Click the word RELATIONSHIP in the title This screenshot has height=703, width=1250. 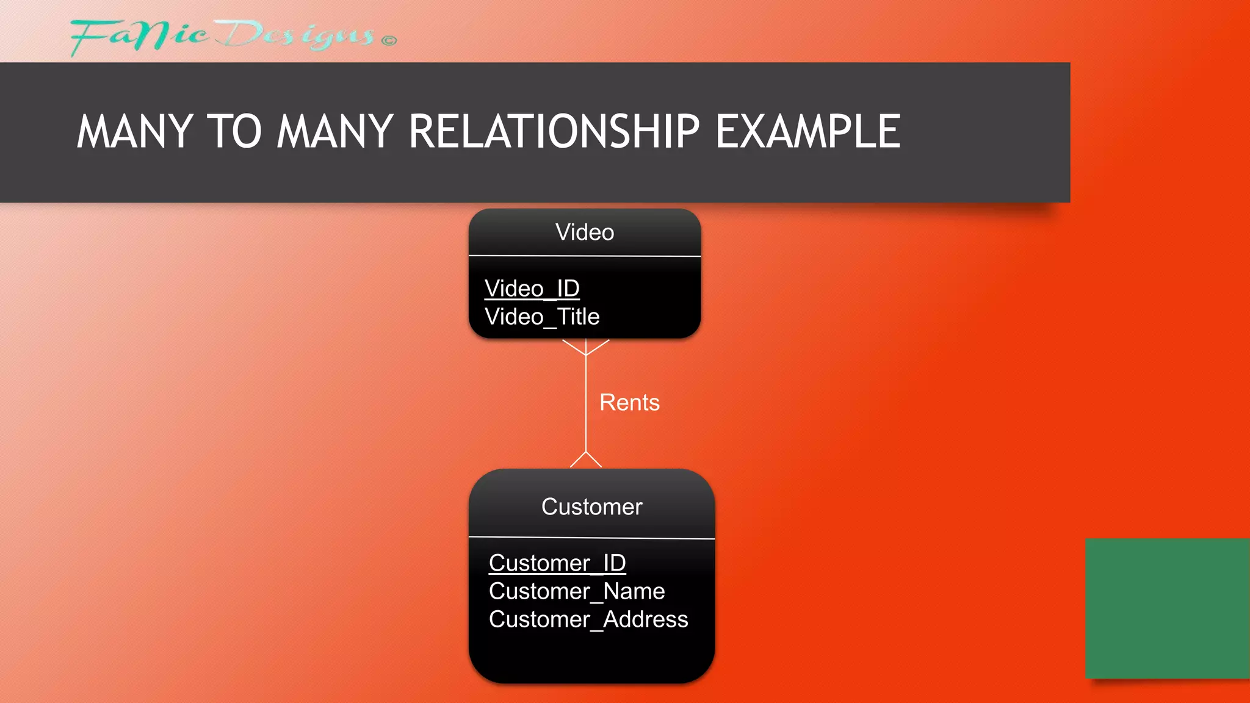tap(554, 131)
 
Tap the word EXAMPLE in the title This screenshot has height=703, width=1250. tap(807, 131)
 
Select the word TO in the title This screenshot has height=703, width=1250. tap(235, 131)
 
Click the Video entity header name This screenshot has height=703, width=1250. tap(585, 233)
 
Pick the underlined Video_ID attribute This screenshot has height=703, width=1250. tap(532, 288)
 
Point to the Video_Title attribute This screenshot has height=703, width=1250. tap(542, 317)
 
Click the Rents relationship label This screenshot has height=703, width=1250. tap(629, 403)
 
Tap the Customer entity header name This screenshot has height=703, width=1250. tap(591, 507)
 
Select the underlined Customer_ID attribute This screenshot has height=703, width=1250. tap(557, 563)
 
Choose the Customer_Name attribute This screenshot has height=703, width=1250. tap(577, 591)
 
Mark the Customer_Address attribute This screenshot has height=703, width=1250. tap(588, 619)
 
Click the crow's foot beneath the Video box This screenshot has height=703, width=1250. tap(585, 347)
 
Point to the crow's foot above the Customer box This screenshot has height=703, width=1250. tap(586, 460)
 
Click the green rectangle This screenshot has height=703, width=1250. tap(1167, 608)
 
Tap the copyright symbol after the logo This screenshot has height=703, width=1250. tap(389, 41)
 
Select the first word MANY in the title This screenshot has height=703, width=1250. tap(135, 131)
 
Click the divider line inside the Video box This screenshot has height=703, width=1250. tap(585, 256)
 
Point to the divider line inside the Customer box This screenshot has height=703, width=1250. tap(591, 538)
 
